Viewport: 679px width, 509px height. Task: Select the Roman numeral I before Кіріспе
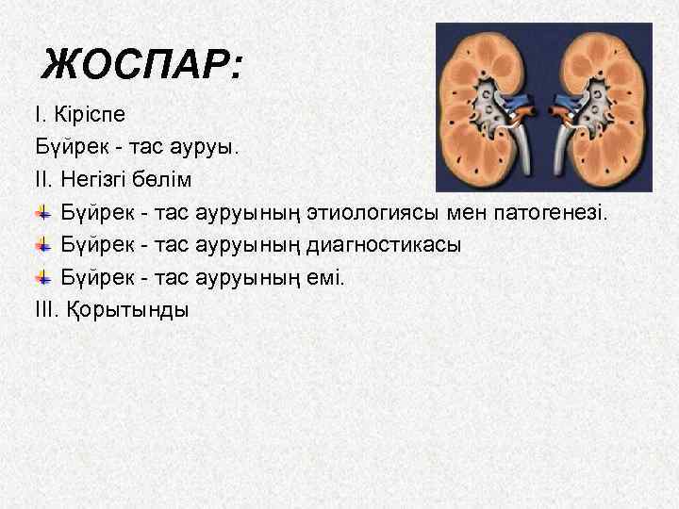tap(38, 115)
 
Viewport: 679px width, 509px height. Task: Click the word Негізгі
tap(97, 179)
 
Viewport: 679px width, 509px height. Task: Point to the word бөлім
tap(169, 179)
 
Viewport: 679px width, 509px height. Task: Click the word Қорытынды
tap(129, 309)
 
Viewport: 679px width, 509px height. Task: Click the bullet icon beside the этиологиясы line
tap(43, 213)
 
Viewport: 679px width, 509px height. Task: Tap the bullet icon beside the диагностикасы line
tap(43, 245)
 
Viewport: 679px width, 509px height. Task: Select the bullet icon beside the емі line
tap(43, 277)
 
